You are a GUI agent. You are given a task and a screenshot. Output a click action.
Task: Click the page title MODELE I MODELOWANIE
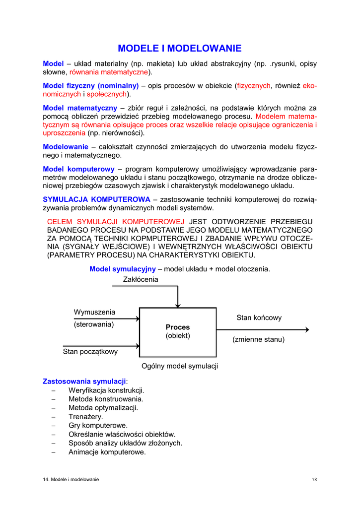coord(179,48)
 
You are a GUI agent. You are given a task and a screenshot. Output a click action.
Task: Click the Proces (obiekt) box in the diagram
coord(178,331)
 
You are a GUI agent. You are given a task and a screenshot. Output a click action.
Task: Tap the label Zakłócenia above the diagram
coord(141,279)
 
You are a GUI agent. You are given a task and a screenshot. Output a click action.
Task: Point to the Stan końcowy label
coord(259,317)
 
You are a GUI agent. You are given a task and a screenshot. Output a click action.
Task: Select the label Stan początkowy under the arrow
coord(90,352)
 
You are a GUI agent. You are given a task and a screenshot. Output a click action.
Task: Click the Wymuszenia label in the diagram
coord(94,312)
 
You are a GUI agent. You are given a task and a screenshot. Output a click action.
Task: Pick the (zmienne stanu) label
coord(258,340)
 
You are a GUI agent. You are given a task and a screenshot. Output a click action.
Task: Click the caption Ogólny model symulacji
coord(180,366)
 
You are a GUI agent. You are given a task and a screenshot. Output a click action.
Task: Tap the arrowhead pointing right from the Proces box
coord(306,329)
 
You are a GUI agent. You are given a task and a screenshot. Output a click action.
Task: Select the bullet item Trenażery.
coord(85,417)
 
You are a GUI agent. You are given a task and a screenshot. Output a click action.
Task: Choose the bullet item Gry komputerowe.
coord(98,426)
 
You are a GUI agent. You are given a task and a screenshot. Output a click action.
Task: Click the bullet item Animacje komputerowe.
coord(107,452)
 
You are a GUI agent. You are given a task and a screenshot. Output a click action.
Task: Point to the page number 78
coord(314,479)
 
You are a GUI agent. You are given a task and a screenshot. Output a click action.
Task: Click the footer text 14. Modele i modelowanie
coord(71,479)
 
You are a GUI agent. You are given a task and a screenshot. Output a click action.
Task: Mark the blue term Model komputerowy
coord(78,169)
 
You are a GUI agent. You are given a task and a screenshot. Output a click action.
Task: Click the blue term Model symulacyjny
coord(122,269)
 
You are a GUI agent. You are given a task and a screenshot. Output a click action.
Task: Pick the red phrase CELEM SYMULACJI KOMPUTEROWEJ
coord(115,221)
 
